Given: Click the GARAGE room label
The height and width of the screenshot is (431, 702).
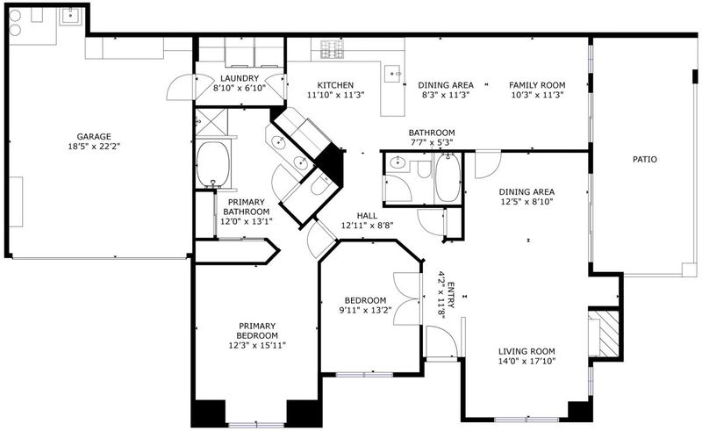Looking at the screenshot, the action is click(94, 137).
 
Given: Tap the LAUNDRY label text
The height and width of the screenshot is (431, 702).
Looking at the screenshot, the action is click(240, 78).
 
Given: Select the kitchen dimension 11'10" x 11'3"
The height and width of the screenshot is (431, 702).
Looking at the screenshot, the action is click(336, 95).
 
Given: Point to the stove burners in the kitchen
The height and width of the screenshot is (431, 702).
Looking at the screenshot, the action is click(333, 49).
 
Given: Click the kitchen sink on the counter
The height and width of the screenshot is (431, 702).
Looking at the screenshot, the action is click(392, 73).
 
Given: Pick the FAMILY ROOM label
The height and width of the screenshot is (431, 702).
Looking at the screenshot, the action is click(537, 85).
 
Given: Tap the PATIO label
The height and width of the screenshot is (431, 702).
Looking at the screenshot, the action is click(645, 159).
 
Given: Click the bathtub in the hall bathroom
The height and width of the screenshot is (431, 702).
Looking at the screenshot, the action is click(448, 177).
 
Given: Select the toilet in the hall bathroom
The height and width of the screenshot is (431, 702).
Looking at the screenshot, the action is click(423, 169).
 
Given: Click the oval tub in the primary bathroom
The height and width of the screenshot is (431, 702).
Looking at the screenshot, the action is click(213, 164).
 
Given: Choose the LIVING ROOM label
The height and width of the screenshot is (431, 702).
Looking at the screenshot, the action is click(526, 351).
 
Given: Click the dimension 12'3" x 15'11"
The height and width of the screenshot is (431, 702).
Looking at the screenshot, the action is click(257, 346).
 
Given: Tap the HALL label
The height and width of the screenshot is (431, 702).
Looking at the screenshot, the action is click(367, 216).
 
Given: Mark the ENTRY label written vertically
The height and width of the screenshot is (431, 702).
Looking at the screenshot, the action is click(451, 295).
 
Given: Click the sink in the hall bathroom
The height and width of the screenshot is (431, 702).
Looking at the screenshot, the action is click(398, 162).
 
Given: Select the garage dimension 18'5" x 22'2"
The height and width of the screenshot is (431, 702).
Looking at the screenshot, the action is click(94, 146).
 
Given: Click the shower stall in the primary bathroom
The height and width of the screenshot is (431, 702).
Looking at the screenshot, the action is click(211, 122).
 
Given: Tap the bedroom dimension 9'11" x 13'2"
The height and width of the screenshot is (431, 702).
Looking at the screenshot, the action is click(365, 310).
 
